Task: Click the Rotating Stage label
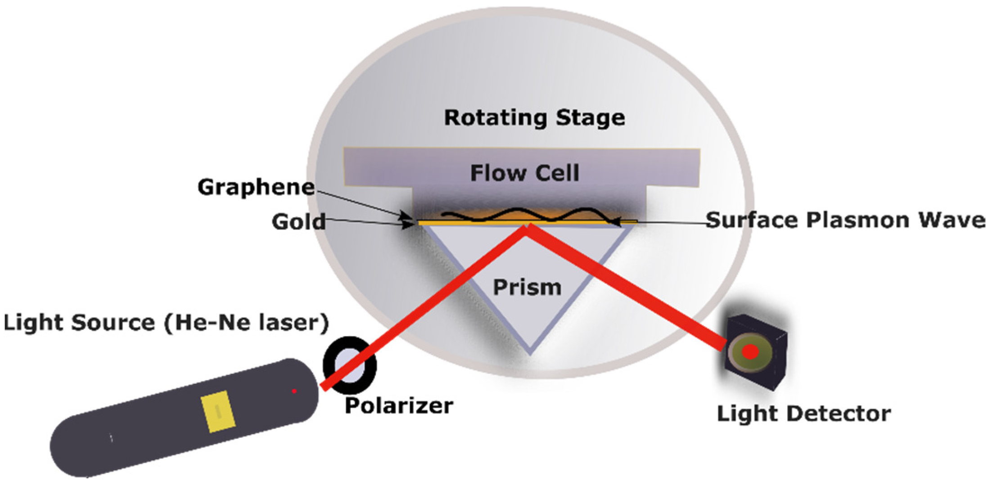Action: [x=534, y=118]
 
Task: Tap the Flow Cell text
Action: [x=524, y=173]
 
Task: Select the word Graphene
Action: [x=256, y=187]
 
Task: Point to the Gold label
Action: [x=298, y=222]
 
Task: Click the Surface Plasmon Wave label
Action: [x=845, y=220]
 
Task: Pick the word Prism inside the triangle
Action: [x=527, y=287]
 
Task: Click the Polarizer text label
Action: [x=399, y=406]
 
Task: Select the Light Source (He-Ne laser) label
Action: [x=166, y=323]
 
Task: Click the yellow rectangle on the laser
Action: [x=218, y=412]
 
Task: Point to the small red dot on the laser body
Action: [x=294, y=391]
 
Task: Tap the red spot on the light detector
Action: [x=750, y=352]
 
